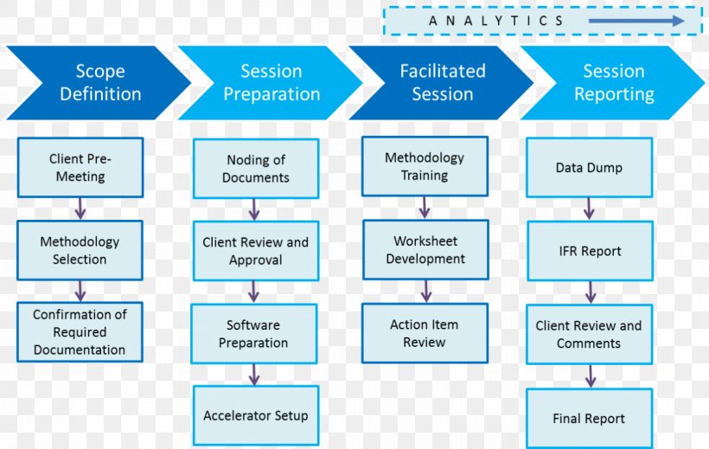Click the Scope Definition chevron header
99,82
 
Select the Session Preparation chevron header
271,82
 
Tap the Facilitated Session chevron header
442,82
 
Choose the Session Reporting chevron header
613,82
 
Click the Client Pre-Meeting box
80,168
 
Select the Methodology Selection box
80,250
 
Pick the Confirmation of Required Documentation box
80,332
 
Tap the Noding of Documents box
255,169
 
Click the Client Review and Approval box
255,251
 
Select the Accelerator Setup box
255,416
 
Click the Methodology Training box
425,166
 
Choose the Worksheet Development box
425,249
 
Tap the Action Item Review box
425,333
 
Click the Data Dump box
589,168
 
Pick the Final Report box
589,419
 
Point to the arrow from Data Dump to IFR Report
590,208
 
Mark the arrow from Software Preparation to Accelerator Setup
255,375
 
